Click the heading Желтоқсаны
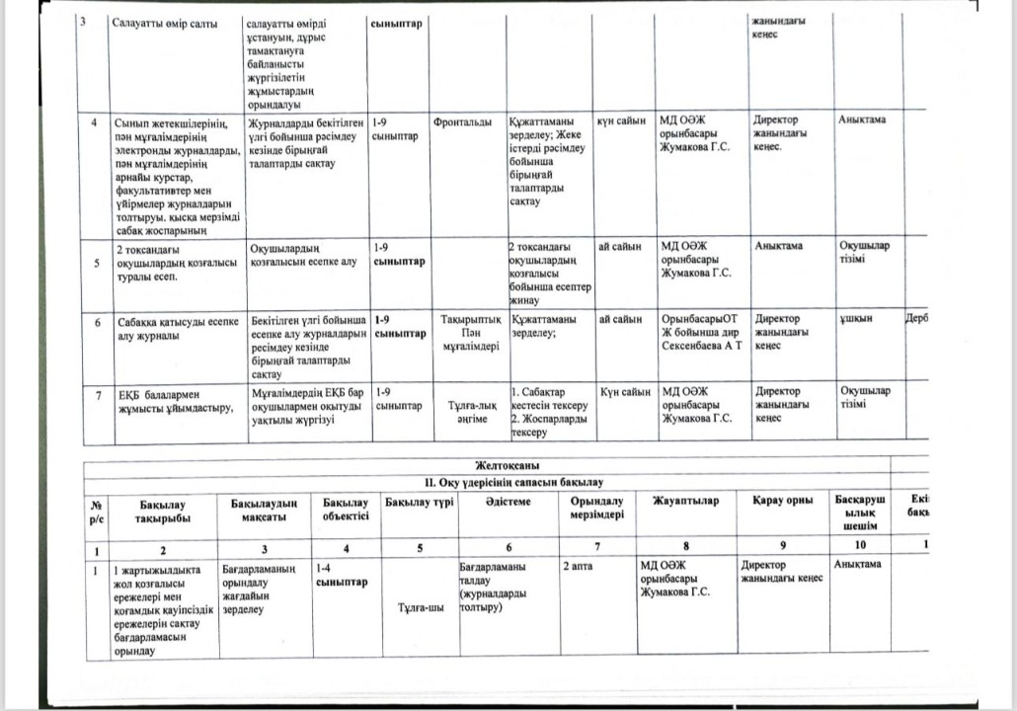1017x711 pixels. pyautogui.click(x=506, y=467)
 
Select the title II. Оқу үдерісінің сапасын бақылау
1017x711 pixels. pyautogui.click(x=507, y=482)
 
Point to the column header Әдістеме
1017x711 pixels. pyautogui.click(x=508, y=502)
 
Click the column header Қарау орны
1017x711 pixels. pyautogui.click(x=781, y=502)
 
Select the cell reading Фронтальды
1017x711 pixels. pyautogui.click(x=463, y=121)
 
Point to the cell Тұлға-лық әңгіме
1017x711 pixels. pyautogui.click(x=471, y=412)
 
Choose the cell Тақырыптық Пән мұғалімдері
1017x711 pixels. pyautogui.click(x=469, y=332)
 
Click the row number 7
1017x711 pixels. pyautogui.click(x=98, y=395)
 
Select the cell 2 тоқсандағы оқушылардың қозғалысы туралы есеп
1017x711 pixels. pyautogui.click(x=176, y=264)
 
